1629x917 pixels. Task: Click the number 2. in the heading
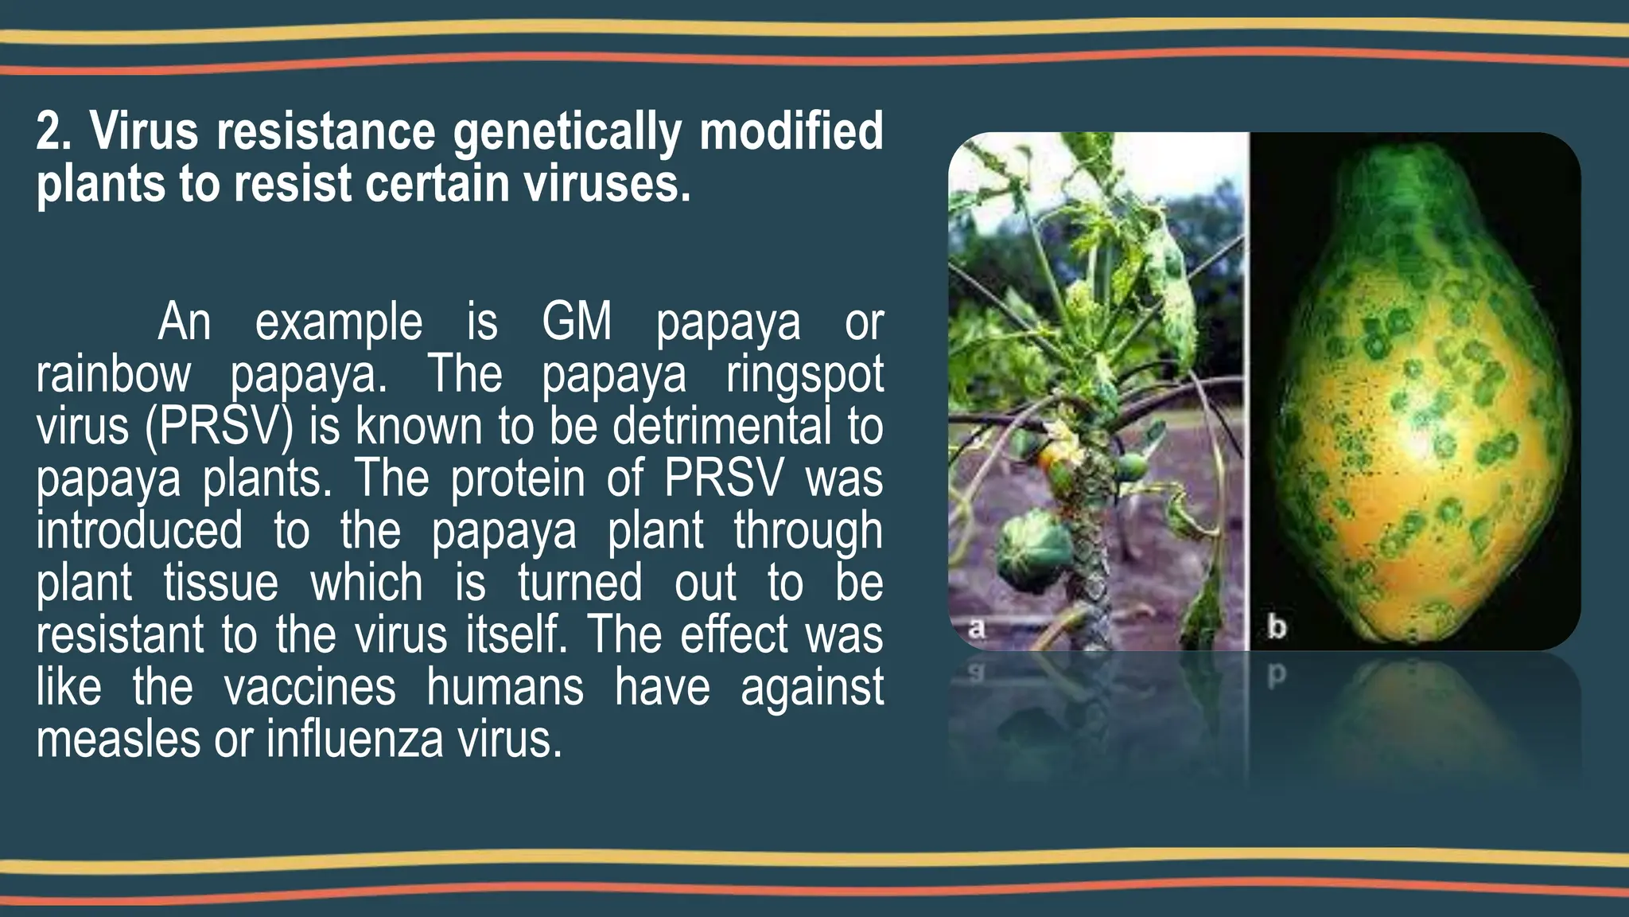[x=54, y=132]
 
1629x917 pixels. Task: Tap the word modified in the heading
[x=791, y=131]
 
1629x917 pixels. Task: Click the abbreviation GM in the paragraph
[x=577, y=322]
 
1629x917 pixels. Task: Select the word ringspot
[x=804, y=376]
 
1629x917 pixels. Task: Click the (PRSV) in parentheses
[x=220, y=427]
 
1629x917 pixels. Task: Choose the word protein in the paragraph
[x=518, y=479]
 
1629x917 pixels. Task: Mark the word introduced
[x=139, y=531]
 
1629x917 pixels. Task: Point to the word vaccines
[x=309, y=687]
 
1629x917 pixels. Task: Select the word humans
[x=505, y=687]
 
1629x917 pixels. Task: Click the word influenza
[x=355, y=739]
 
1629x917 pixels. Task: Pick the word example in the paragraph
[x=339, y=323]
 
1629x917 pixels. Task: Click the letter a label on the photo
[x=977, y=628]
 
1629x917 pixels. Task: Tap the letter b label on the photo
[x=1277, y=627]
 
